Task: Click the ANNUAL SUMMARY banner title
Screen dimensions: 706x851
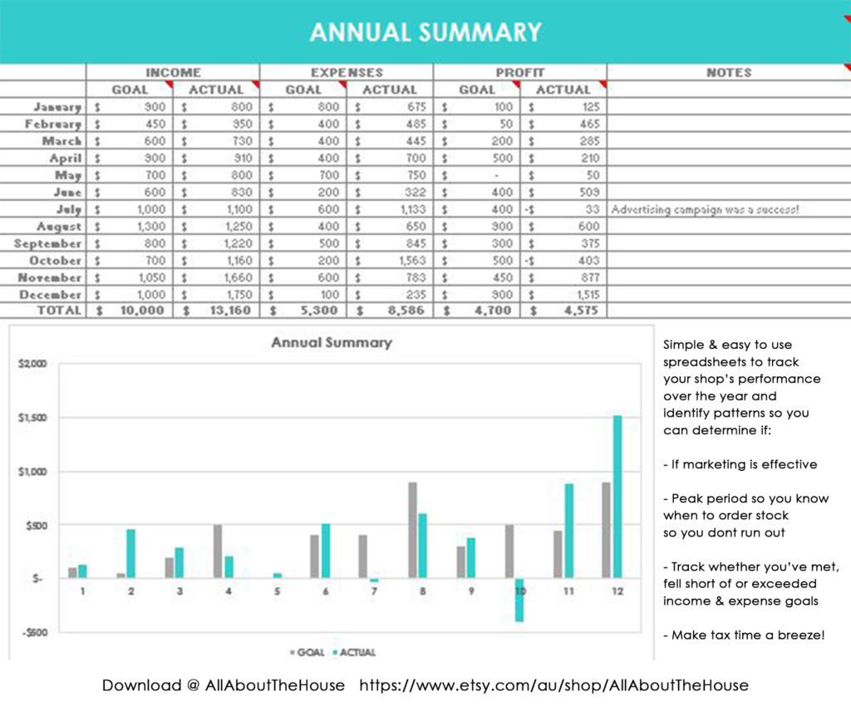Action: tap(425, 32)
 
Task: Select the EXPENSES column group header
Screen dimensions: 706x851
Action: tap(347, 72)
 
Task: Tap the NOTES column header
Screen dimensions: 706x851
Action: tap(728, 72)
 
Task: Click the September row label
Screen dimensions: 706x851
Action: tap(47, 243)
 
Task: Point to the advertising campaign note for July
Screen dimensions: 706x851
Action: tap(705, 209)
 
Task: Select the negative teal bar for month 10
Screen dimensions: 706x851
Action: tap(519, 600)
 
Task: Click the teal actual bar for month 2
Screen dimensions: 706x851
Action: tap(130, 553)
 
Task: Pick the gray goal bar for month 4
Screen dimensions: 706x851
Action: tap(218, 552)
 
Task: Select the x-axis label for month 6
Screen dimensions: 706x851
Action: tap(326, 591)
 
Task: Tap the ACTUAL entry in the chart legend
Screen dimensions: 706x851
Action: tap(356, 653)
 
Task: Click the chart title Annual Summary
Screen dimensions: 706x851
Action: tap(331, 342)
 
